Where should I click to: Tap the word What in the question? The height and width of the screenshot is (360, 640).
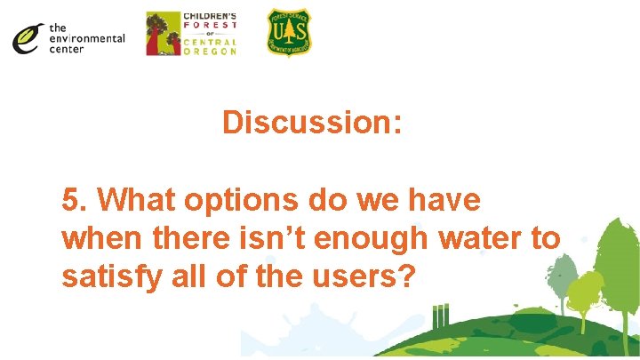136,200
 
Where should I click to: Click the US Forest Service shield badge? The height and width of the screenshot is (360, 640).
289,33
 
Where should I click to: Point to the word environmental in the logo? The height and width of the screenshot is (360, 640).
87,39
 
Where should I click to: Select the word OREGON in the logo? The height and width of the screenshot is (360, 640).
210,52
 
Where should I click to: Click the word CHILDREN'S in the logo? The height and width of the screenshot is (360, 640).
210,16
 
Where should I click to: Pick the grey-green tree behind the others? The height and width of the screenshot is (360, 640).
559,270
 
